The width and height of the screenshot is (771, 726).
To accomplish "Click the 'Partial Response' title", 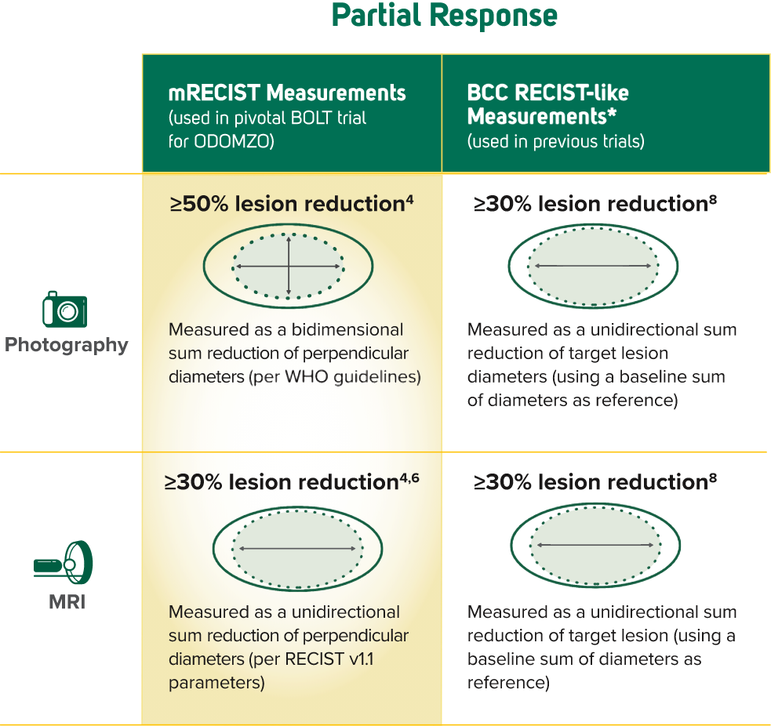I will pyautogui.click(x=444, y=16).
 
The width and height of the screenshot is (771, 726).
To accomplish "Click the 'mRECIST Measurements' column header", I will pyautogui.click(x=287, y=94).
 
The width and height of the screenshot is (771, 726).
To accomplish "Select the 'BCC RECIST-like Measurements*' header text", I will pyautogui.click(x=547, y=105).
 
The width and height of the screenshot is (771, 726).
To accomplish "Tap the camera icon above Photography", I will pyautogui.click(x=64, y=310).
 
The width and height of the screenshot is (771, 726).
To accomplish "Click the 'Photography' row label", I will pyautogui.click(x=67, y=346).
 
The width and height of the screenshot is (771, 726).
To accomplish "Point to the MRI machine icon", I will pyautogui.click(x=64, y=562).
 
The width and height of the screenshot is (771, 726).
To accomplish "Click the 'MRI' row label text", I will pyautogui.click(x=66, y=603).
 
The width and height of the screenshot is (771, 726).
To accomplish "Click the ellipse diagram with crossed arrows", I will pyautogui.click(x=289, y=267).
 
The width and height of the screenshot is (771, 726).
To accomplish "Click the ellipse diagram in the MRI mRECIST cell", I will pyautogui.click(x=297, y=547).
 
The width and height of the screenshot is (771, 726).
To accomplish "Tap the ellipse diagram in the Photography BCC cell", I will pyautogui.click(x=593, y=267).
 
